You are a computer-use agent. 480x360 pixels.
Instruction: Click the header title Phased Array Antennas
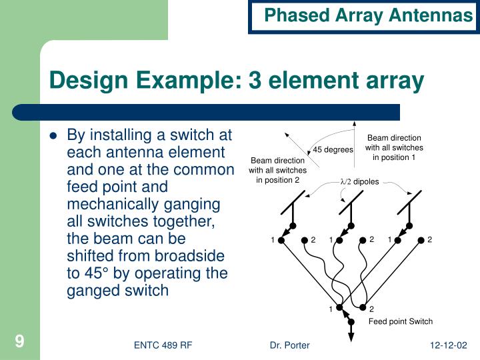[368, 15]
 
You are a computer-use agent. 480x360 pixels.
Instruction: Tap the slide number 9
[19, 342]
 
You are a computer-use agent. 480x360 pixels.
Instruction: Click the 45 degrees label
[333, 149]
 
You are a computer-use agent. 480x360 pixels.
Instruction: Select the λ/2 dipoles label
[359, 181]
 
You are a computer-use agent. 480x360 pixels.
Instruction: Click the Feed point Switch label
[401, 321]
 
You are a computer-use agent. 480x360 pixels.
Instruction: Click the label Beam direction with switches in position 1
[394, 148]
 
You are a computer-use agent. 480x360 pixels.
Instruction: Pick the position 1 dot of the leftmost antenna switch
[281, 240]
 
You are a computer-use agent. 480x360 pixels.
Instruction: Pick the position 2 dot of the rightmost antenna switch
[421, 240]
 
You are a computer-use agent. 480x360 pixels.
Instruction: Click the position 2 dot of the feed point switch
[363, 308]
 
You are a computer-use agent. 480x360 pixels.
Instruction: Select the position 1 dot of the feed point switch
[339, 308]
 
